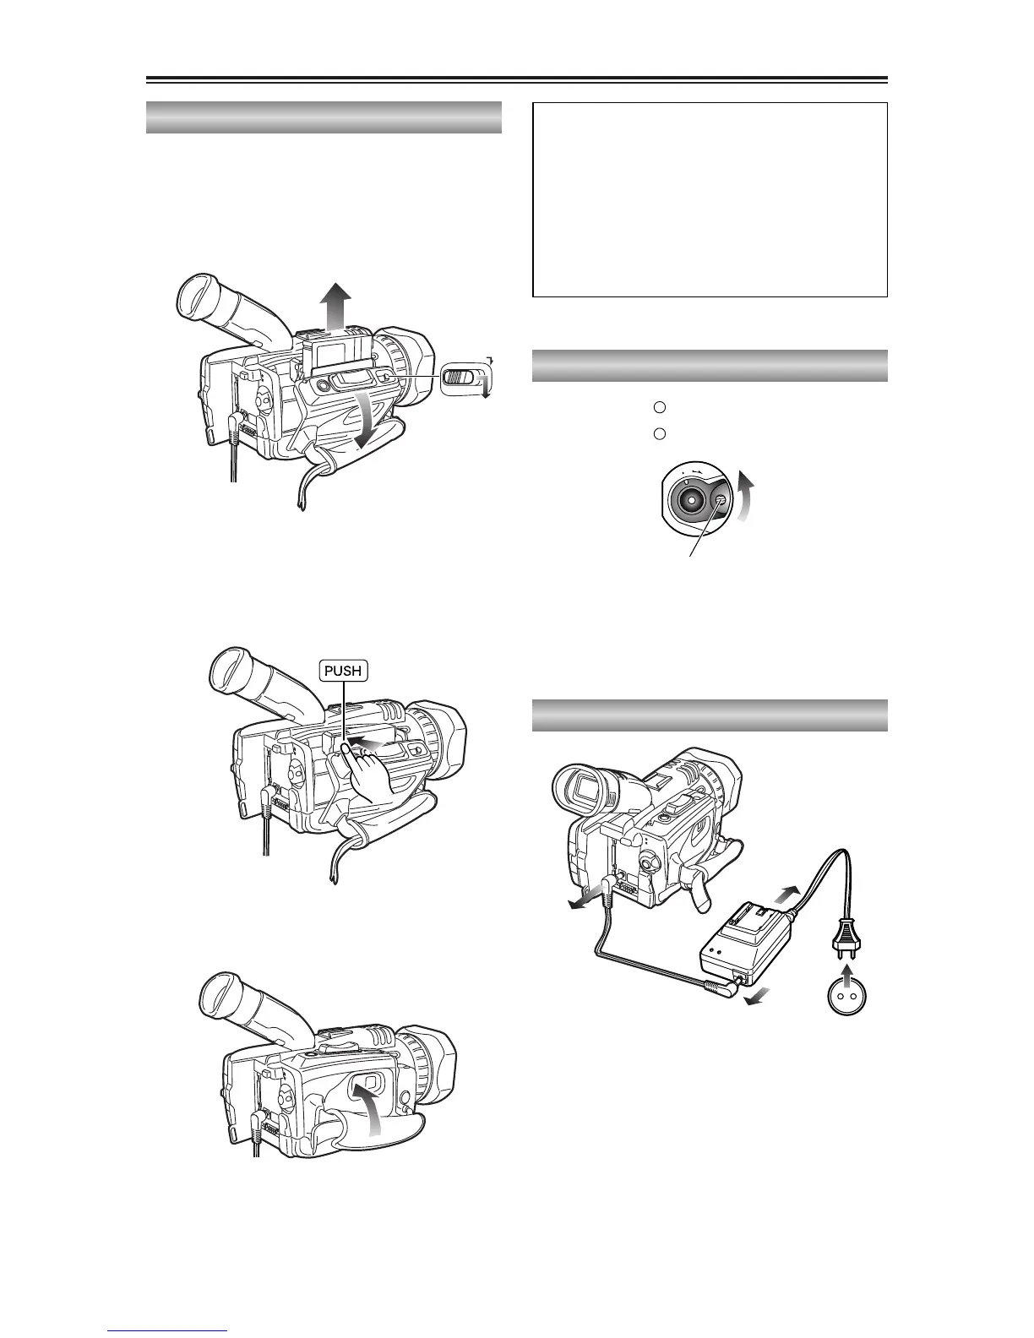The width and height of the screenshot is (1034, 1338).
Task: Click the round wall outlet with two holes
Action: (848, 997)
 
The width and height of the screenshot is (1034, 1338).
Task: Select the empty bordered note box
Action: (710, 199)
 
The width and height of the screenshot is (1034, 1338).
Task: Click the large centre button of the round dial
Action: (691, 499)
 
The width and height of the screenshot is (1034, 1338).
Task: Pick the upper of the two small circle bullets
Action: (661, 407)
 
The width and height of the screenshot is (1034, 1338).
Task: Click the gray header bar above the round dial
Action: (710, 366)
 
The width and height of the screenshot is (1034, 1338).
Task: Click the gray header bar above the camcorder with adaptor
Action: (710, 715)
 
